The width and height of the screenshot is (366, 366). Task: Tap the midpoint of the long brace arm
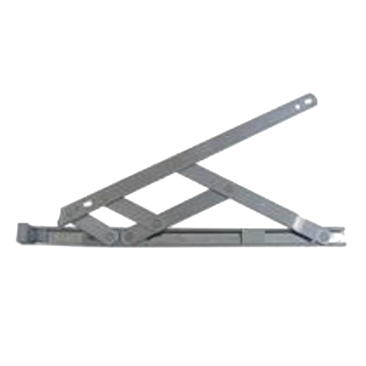tap(244, 196)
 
